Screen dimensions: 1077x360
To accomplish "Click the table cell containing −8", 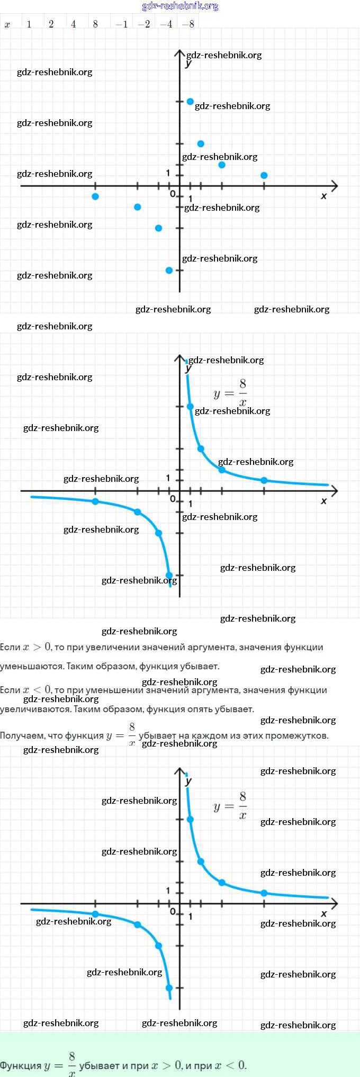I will pos(188,24).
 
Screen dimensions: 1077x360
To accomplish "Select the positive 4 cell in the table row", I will pos(73,24).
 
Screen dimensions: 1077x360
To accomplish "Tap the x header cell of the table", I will pos(7,24).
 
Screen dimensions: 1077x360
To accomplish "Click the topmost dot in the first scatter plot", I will pos(190,101).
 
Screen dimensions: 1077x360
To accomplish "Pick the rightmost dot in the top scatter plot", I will pos(264,175).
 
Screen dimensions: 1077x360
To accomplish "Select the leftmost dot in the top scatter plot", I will pos(95,196).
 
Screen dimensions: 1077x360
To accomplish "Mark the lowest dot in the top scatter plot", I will pos(169,270).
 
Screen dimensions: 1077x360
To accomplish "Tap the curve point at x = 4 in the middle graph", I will pos(222,470).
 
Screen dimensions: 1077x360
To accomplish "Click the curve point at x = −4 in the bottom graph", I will pos(138,925).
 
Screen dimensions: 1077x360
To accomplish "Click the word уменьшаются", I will pos(31,666).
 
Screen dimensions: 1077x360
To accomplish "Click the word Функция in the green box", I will pos(21,1065).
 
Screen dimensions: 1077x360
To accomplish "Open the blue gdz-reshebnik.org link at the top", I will pos(180,6).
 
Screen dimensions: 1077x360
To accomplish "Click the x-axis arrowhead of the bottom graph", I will pos(335,903).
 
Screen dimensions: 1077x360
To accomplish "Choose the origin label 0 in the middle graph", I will pos(173,499).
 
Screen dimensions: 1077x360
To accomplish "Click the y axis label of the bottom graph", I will pos(188,781).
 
